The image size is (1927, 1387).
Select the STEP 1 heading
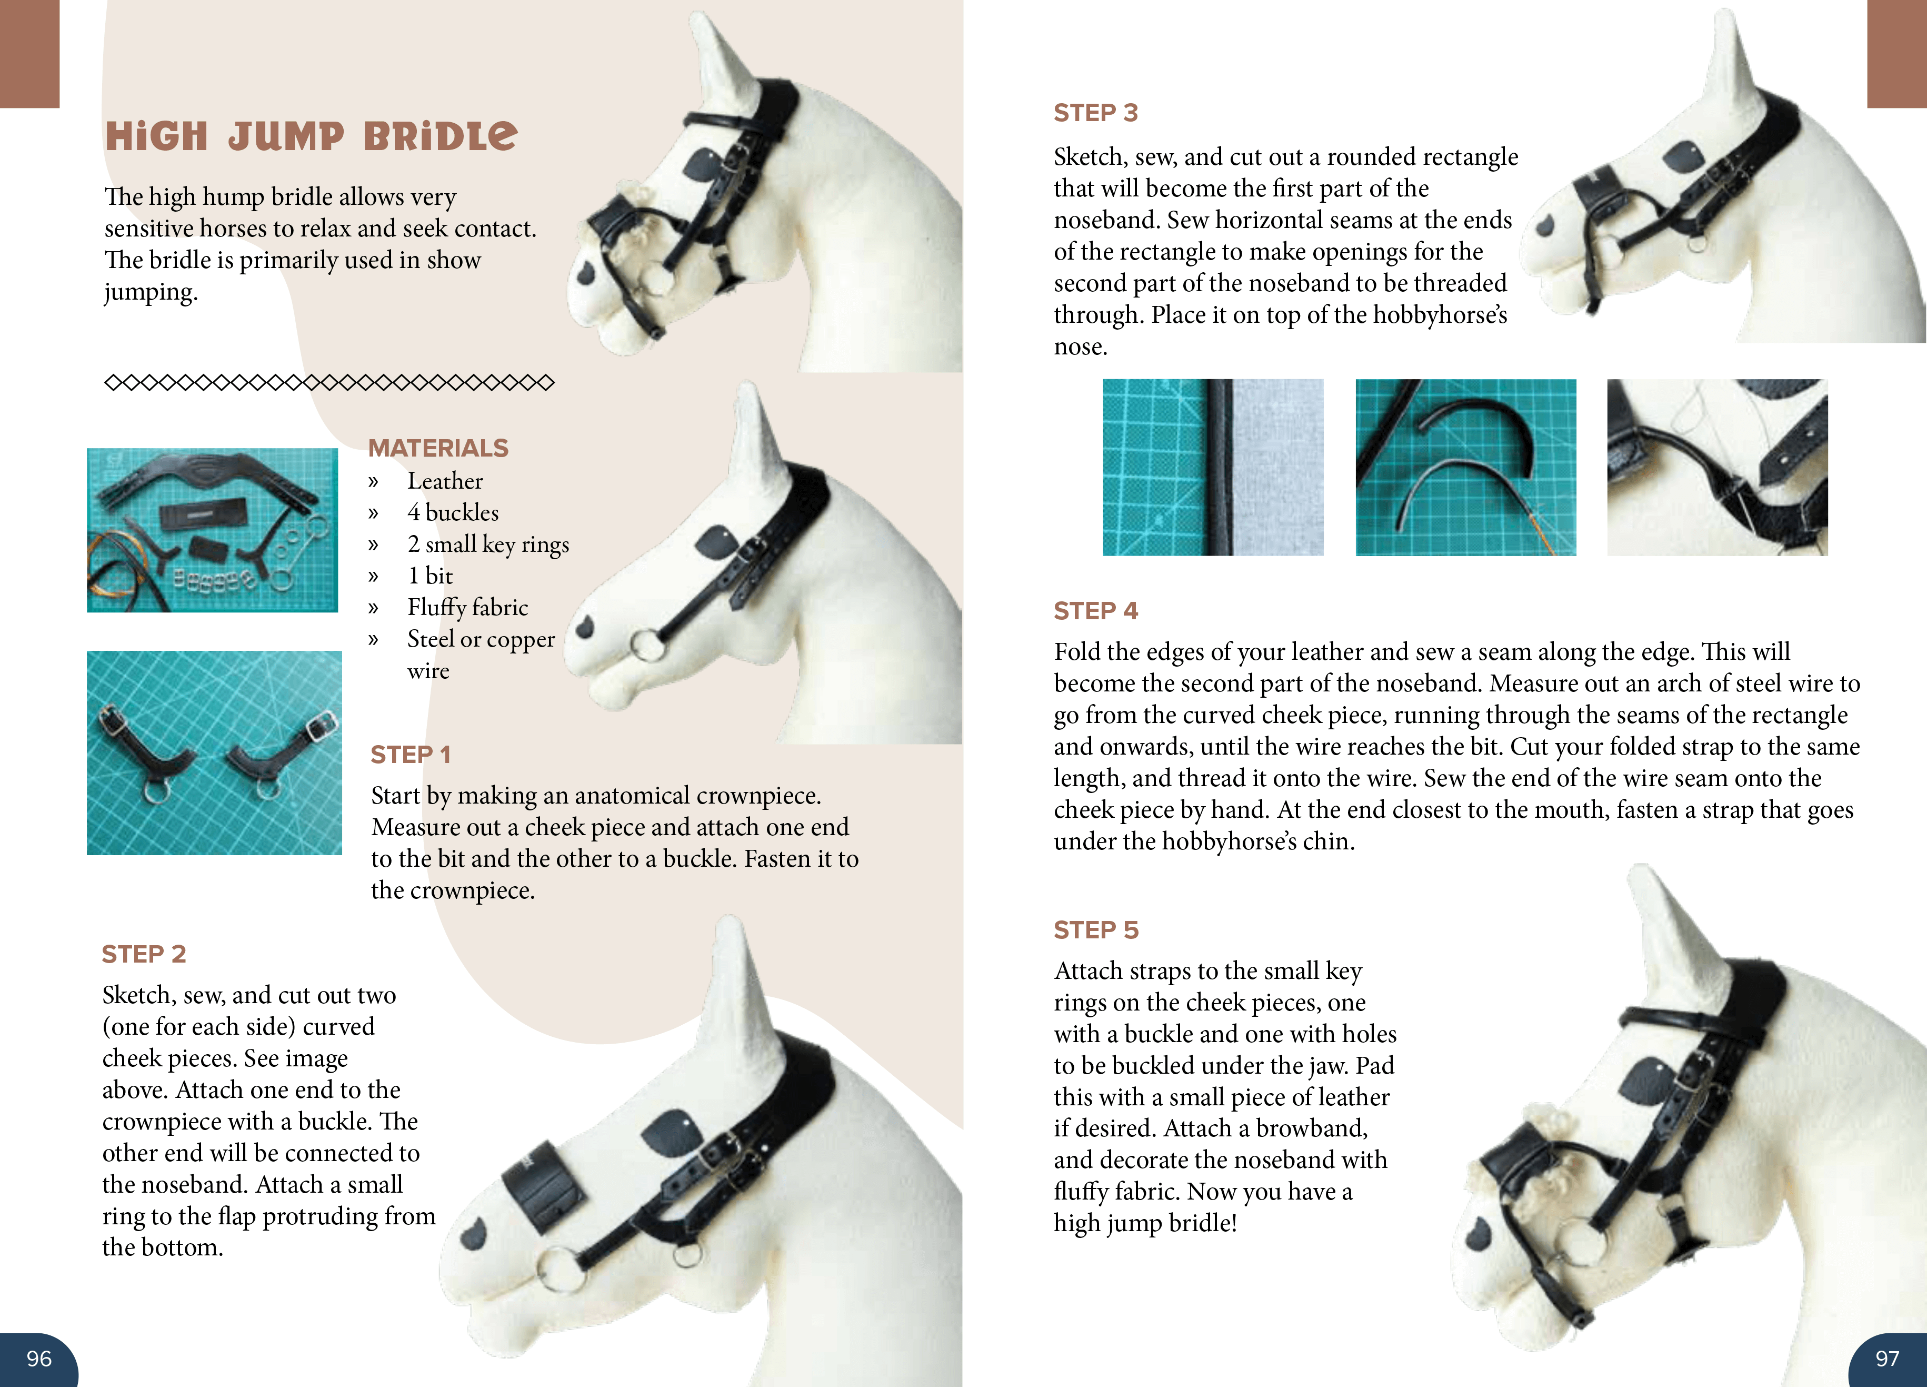[x=411, y=755]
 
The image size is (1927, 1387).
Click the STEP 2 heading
[x=144, y=954]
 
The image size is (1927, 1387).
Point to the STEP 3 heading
[x=1095, y=113]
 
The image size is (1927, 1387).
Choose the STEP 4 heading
[x=1095, y=611]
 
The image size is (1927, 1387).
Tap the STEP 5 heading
[x=1095, y=930]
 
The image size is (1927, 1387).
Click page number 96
[x=39, y=1358]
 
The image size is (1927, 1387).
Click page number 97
[x=1886, y=1358]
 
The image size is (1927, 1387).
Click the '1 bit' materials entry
[x=430, y=576]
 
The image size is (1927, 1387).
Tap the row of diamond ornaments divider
[x=329, y=382]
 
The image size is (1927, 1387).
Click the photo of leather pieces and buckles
[x=213, y=530]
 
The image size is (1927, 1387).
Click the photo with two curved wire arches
[x=1465, y=468]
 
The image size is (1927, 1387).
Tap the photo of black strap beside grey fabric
[x=1212, y=468]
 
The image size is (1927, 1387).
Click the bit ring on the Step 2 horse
[x=560, y=1270]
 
